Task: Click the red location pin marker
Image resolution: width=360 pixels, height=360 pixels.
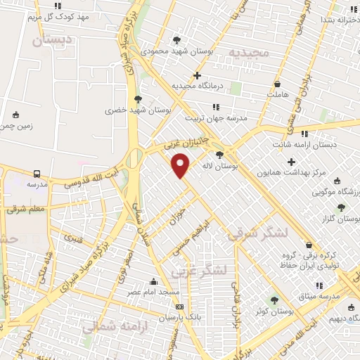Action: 181,165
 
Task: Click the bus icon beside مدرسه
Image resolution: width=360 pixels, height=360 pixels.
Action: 37,173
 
